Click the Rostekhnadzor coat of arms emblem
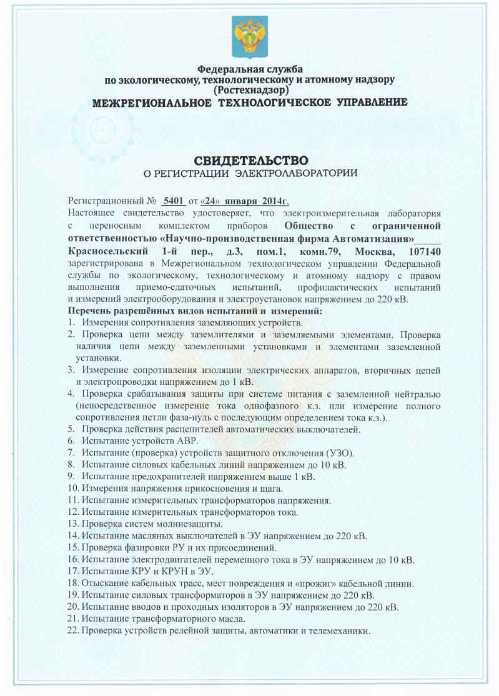tap(249, 36)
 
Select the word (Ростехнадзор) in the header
tap(249, 90)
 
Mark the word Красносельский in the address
tap(106, 252)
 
